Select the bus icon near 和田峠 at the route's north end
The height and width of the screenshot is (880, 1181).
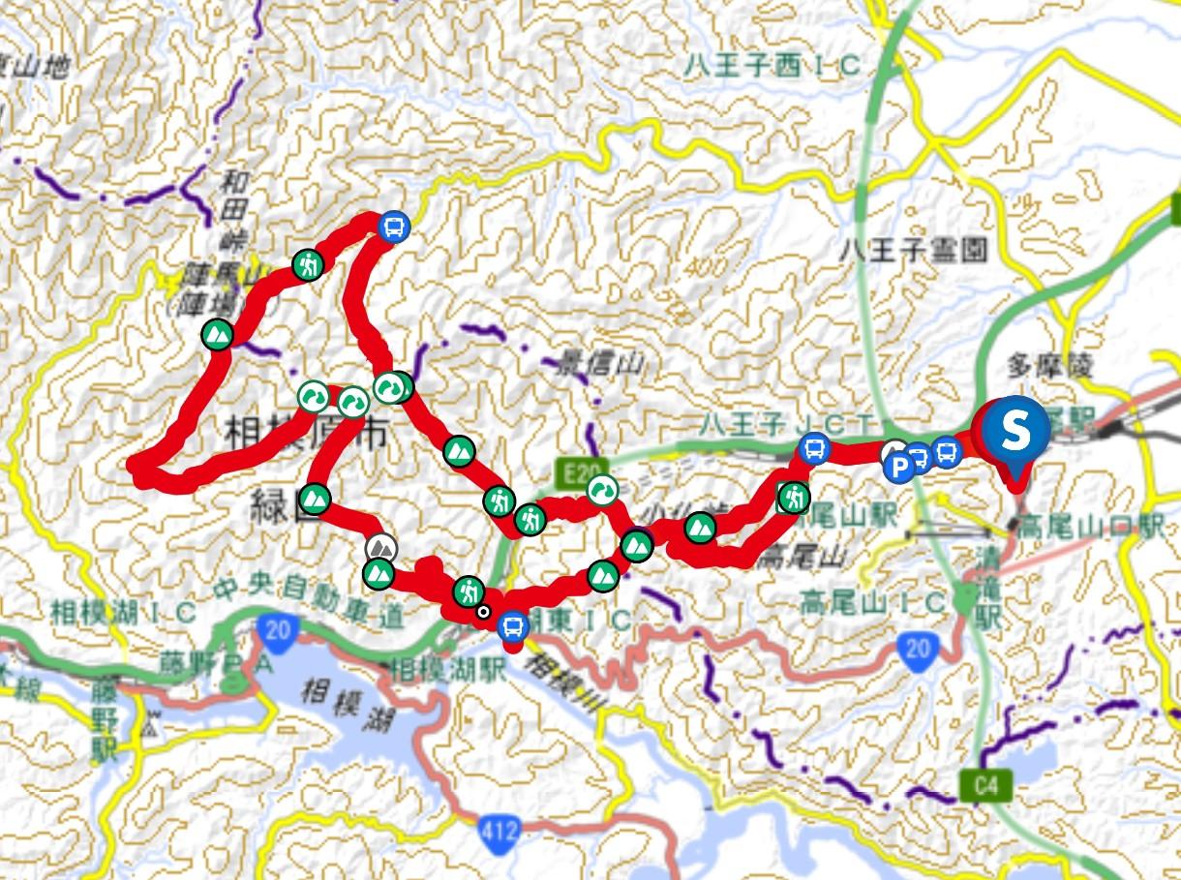pyautogui.click(x=394, y=227)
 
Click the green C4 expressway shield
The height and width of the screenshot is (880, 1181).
pyautogui.click(x=985, y=787)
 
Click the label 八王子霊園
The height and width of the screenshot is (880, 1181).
pyautogui.click(x=914, y=252)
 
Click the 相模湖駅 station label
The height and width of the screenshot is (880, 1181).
pyautogui.click(x=446, y=669)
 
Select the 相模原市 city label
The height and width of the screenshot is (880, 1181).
pyautogui.click(x=306, y=430)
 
